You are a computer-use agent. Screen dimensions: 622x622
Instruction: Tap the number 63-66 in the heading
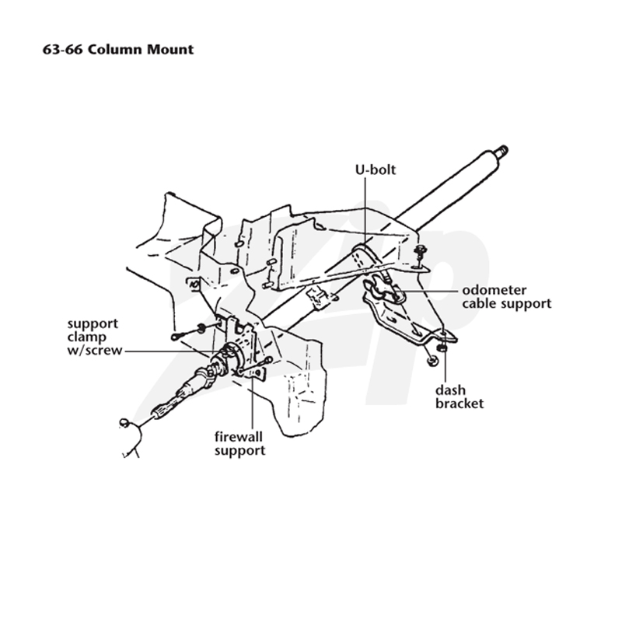click(62, 50)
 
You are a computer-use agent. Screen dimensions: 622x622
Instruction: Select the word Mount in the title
click(170, 50)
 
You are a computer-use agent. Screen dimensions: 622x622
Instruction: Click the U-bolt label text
click(376, 169)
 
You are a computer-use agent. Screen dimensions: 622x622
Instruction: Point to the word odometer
click(494, 290)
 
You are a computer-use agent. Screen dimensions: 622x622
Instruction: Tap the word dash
click(450, 390)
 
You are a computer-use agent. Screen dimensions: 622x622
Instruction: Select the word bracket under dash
click(460, 404)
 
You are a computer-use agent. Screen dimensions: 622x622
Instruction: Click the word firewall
click(239, 437)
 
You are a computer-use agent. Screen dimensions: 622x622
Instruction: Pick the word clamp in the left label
click(86, 337)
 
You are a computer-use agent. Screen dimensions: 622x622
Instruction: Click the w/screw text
click(94, 351)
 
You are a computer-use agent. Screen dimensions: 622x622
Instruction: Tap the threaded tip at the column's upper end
click(501, 151)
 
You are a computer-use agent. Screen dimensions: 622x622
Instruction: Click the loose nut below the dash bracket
click(432, 361)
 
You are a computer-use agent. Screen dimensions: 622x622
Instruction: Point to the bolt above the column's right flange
click(419, 250)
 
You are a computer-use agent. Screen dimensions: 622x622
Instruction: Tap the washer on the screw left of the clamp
click(201, 328)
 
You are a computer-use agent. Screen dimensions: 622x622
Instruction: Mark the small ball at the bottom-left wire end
click(124, 422)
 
